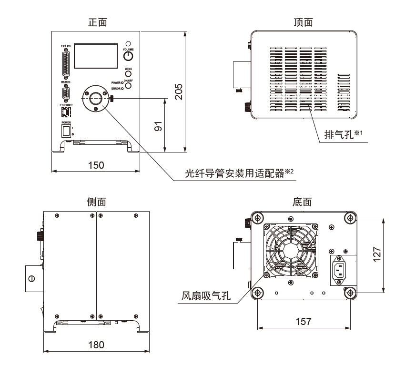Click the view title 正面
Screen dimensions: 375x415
tap(98, 22)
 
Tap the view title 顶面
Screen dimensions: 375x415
tap(304, 22)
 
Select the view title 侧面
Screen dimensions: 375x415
tap(96, 202)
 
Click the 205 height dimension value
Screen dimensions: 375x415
tap(178, 90)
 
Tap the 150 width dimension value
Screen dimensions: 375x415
tap(96, 165)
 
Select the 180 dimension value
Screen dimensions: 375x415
tap(96, 345)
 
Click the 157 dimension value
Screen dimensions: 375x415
tap(303, 321)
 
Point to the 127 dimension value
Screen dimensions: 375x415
tap(376, 255)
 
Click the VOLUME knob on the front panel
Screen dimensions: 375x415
tap(128, 57)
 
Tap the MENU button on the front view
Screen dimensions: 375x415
tap(128, 75)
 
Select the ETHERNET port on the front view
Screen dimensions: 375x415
tap(66, 112)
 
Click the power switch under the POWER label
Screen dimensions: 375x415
tap(66, 131)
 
